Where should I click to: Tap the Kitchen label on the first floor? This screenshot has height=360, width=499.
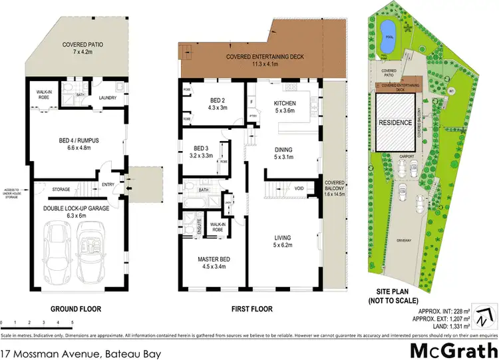[x=289, y=106]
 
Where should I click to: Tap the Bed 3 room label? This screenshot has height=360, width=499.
[x=202, y=151]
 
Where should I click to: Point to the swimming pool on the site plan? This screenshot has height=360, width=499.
[x=386, y=29]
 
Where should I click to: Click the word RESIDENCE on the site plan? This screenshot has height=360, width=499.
[x=397, y=124]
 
